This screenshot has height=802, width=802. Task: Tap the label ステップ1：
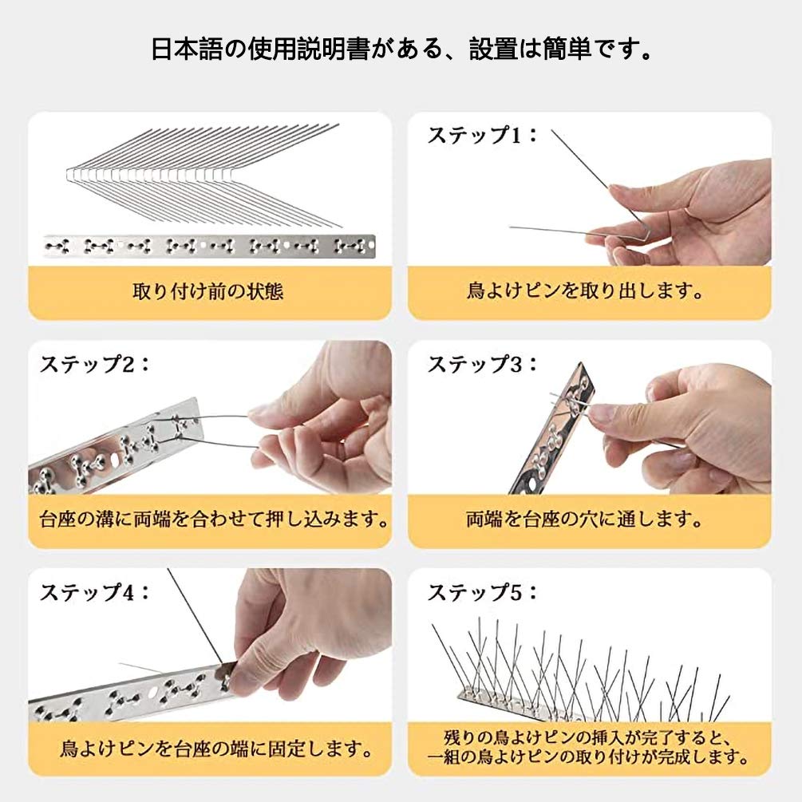[483, 136]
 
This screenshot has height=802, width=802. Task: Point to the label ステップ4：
[95, 592]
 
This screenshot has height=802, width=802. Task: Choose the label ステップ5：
[483, 592]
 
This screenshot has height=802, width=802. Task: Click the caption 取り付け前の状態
[208, 291]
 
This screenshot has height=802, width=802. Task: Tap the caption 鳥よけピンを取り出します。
[589, 291]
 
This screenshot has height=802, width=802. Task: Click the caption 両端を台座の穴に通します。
[589, 520]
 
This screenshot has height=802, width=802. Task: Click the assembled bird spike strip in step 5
[583, 678]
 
